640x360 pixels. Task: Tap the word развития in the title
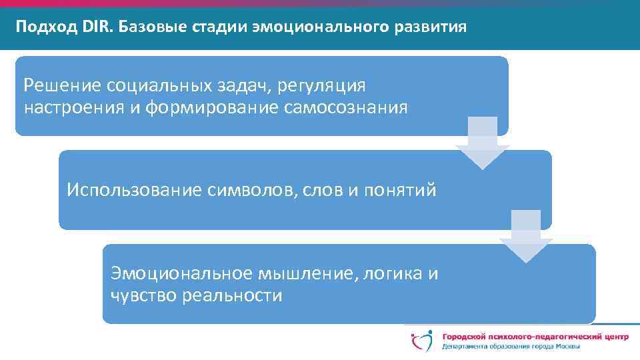click(x=431, y=27)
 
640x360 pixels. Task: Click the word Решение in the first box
click(x=55, y=85)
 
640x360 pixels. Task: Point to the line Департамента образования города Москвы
click(x=511, y=347)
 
